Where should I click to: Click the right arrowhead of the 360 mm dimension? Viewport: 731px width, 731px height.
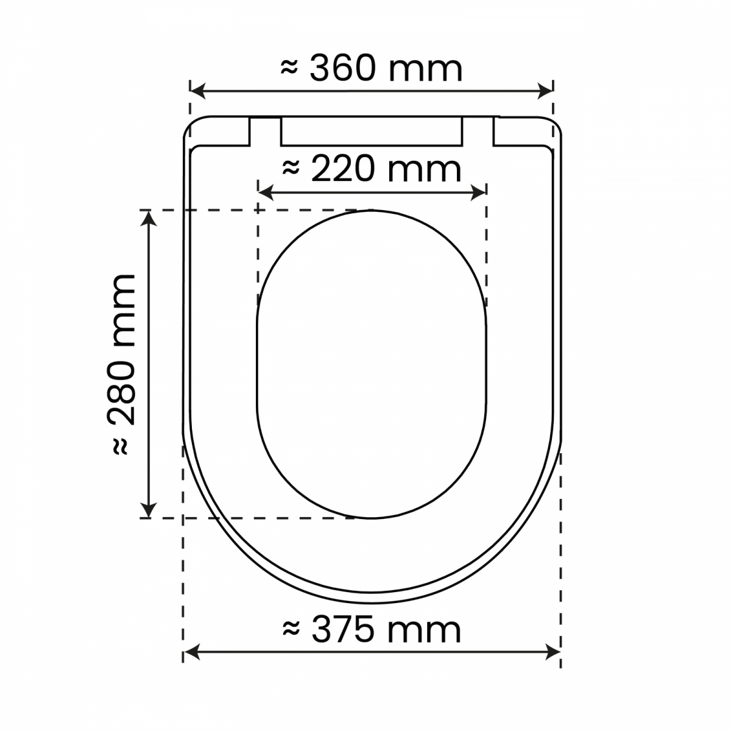[546, 92]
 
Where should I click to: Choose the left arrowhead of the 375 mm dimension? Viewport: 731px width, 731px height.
[191, 652]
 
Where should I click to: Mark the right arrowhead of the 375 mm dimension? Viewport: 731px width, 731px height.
[553, 652]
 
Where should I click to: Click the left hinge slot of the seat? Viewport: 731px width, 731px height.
[266, 131]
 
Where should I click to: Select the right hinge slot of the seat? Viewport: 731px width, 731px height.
[478, 131]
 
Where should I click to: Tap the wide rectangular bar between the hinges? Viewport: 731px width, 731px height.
[372, 131]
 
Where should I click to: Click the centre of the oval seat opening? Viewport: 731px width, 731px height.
[372, 364]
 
